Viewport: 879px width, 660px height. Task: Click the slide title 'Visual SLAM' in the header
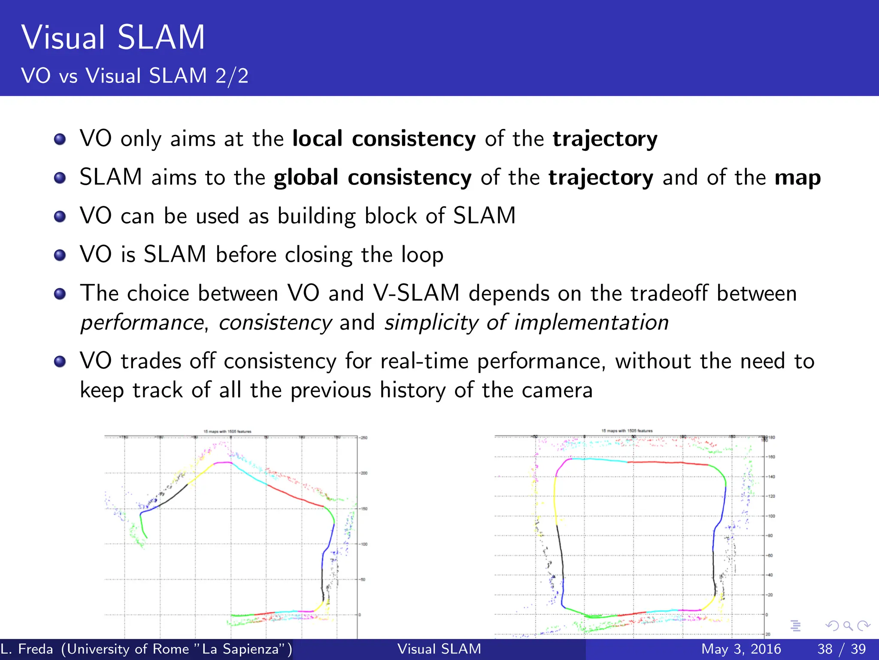point(113,37)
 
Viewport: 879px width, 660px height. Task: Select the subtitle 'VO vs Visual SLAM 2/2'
point(135,76)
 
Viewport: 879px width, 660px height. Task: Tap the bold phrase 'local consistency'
point(384,138)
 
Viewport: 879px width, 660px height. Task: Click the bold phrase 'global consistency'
point(373,177)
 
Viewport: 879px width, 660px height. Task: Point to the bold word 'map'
point(797,177)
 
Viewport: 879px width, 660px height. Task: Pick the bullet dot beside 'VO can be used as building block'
point(60,216)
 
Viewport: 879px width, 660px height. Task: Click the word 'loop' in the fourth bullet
point(422,254)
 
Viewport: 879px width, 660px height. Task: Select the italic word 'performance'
point(142,322)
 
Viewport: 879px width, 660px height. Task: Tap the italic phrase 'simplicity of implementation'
point(526,322)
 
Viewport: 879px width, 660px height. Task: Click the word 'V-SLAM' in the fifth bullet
point(416,293)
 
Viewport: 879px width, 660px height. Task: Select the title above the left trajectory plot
point(227,431)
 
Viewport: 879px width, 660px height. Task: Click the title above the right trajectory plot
point(627,430)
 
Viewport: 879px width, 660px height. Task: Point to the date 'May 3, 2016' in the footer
point(741,649)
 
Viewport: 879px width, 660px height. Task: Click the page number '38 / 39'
point(841,649)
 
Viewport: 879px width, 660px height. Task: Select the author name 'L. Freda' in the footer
point(27,649)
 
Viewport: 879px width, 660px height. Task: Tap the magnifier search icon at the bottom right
point(848,626)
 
